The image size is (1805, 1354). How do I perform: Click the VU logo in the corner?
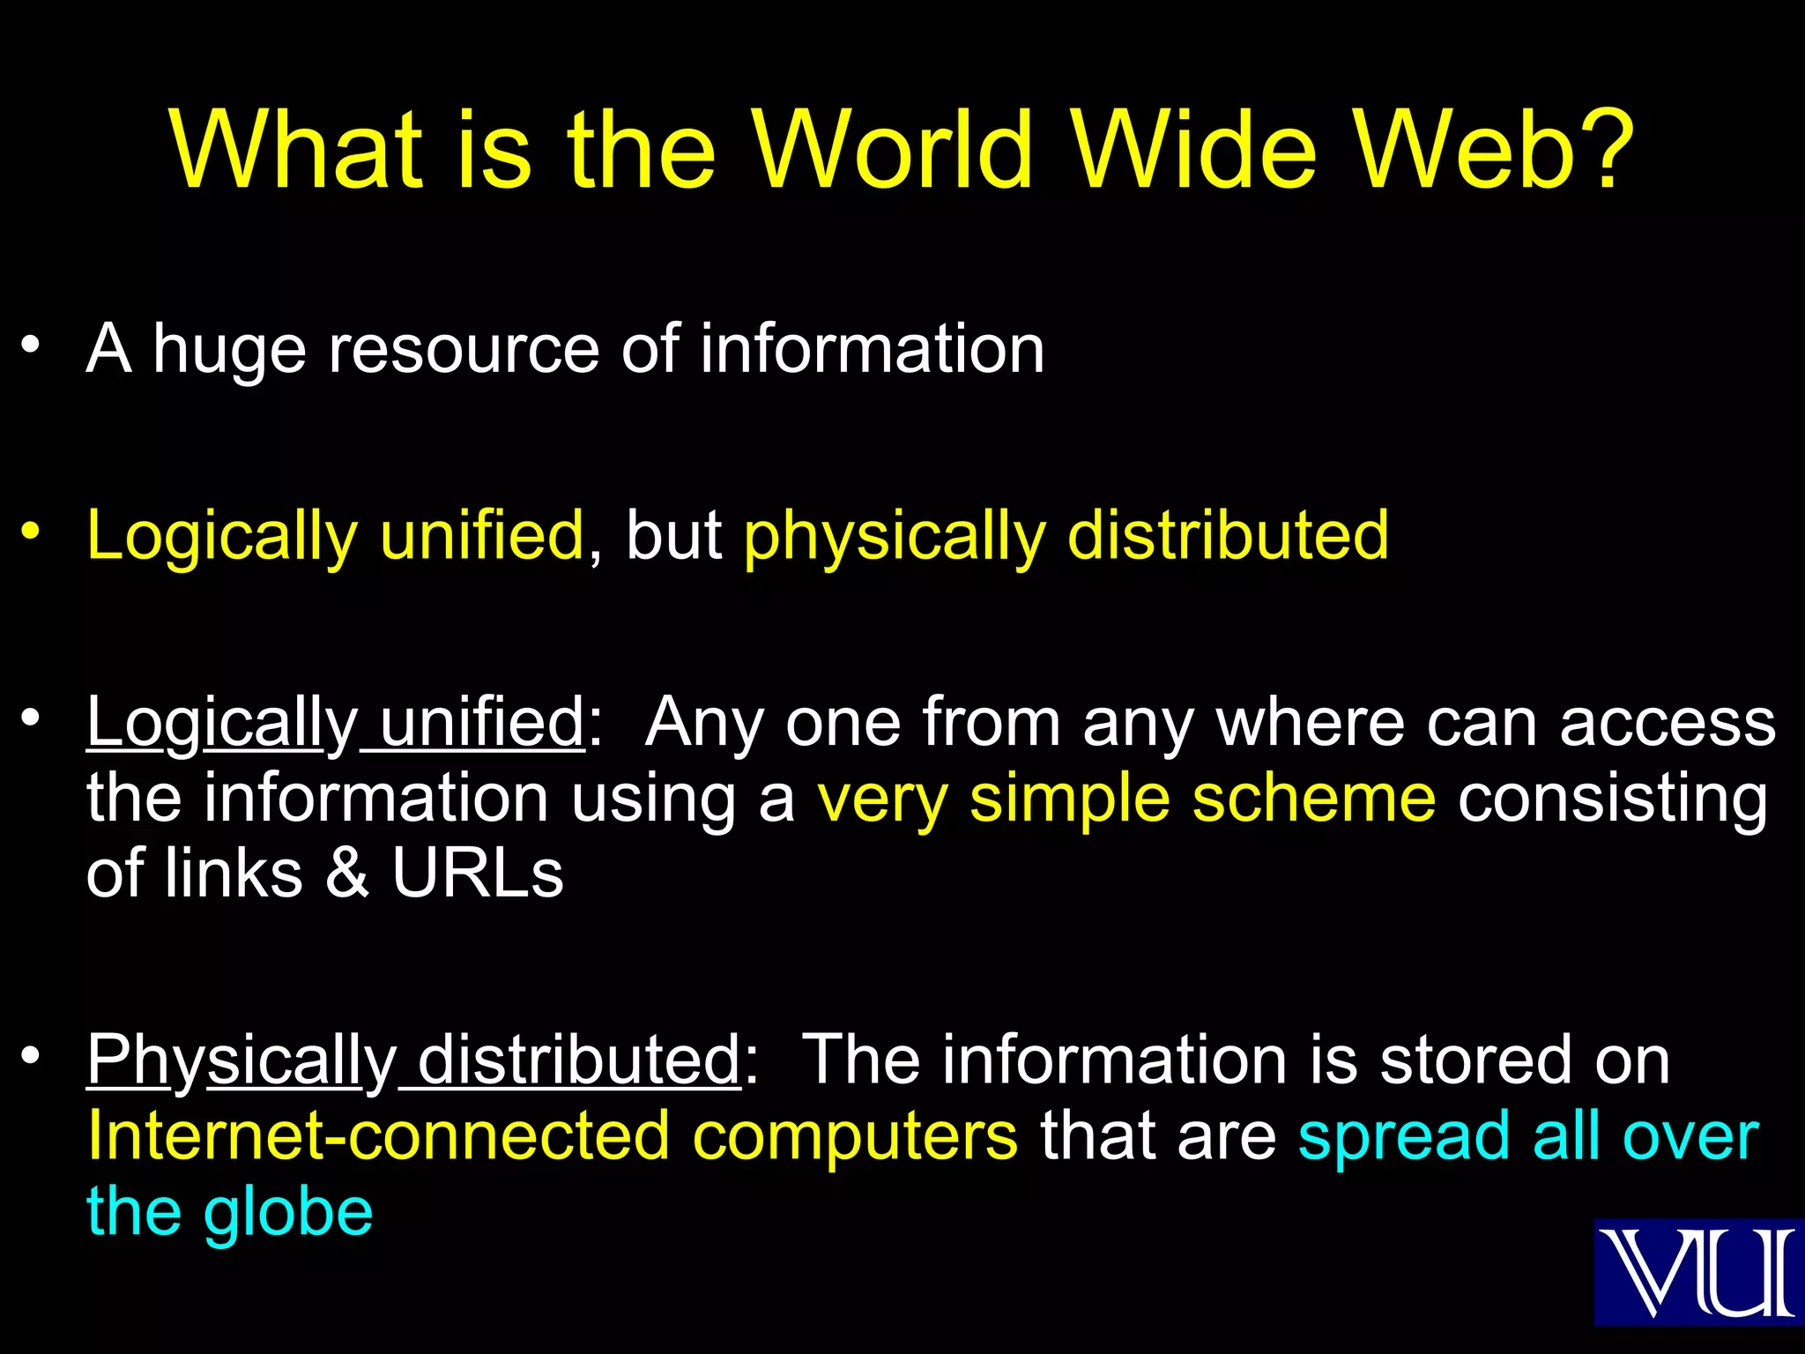[x=1698, y=1271]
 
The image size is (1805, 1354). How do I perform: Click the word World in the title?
[x=894, y=150]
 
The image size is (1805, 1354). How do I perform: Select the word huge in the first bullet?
[x=229, y=350]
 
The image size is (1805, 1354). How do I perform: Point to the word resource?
[x=464, y=350]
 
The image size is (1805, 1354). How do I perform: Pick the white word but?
[x=673, y=536]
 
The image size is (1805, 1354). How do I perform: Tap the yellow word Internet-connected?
[x=378, y=1137]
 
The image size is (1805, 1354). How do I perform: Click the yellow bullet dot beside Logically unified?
[x=31, y=531]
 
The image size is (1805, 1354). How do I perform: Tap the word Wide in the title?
[x=1195, y=150]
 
